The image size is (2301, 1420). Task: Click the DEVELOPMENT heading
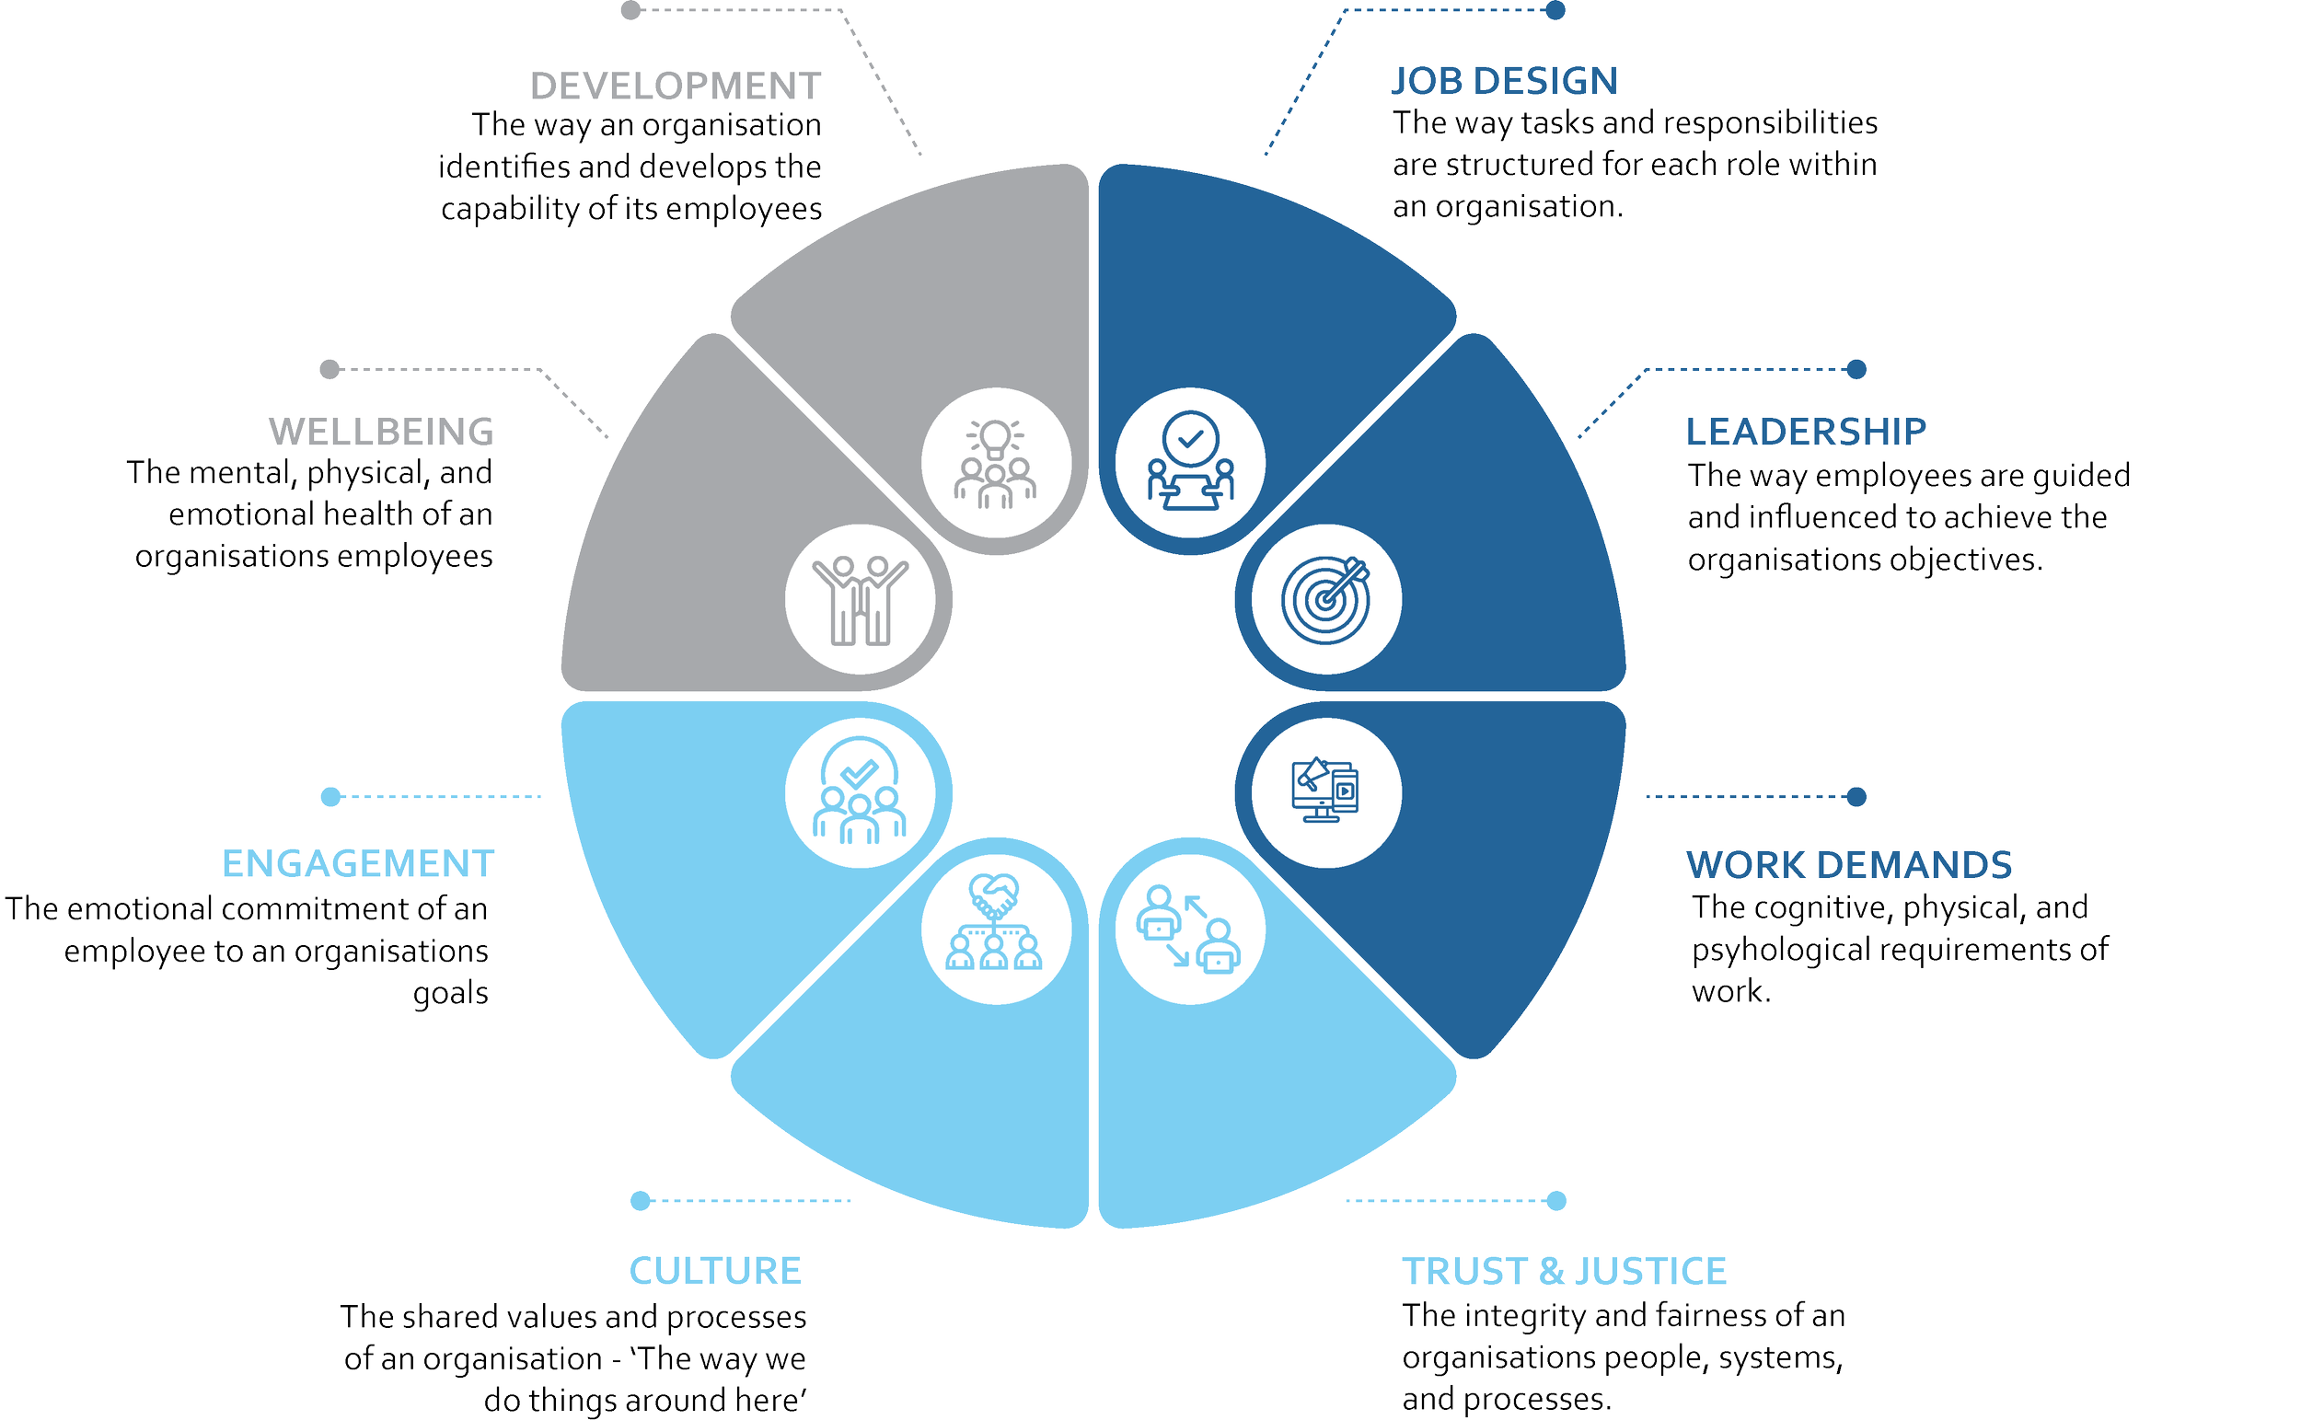tap(676, 87)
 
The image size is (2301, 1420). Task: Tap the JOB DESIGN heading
tap(1505, 81)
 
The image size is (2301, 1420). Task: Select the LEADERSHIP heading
tap(1805, 431)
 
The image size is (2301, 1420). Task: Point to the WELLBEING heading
tap(381, 432)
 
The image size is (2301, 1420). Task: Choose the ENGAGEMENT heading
tap(358, 864)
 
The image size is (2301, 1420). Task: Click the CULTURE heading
tap(715, 1271)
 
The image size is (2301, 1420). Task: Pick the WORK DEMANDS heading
tap(1848, 864)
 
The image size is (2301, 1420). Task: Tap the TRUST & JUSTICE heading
tap(1564, 1271)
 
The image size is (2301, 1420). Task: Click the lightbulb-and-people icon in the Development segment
tap(996, 462)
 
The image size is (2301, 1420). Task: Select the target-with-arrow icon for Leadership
tap(1326, 599)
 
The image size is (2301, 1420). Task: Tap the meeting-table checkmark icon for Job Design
tap(1190, 462)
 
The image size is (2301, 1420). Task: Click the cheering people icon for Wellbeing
tap(861, 599)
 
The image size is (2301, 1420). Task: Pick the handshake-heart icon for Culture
tap(996, 929)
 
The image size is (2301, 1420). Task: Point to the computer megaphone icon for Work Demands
tap(1326, 791)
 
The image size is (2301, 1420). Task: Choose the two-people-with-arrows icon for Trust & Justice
tap(1190, 929)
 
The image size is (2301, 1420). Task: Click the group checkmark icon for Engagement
tap(861, 791)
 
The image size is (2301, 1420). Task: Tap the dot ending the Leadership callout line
tap(1856, 369)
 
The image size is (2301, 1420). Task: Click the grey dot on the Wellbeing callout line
tap(330, 369)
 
